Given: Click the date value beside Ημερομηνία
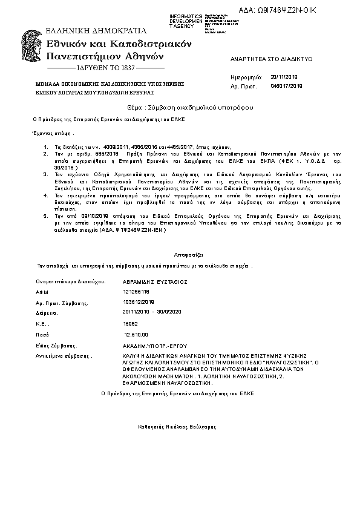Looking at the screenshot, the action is pos(284,77).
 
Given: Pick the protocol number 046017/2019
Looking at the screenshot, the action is pos(286,87).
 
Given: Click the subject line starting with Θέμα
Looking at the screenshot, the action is pos(180,107).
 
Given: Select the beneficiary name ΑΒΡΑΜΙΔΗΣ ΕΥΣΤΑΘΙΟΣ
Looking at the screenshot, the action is pos(155,281).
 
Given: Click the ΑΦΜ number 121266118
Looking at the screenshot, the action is pos(135,291).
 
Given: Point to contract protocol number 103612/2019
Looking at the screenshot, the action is pos(139,301).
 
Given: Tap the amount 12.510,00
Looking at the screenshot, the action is pos(137,334).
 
